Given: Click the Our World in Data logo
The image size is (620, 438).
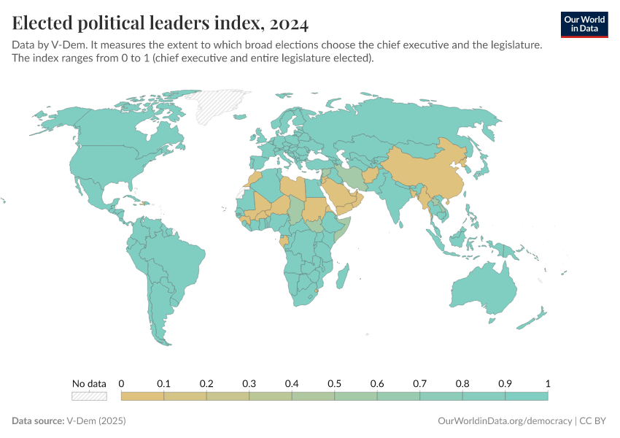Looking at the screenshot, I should tap(584, 23).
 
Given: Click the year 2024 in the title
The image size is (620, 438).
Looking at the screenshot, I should tap(288, 23).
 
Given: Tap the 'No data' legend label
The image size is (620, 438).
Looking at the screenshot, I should tap(89, 383).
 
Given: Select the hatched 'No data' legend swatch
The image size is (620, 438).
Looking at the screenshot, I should tap(89, 396).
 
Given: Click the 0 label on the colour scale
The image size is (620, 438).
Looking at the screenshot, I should tap(121, 383).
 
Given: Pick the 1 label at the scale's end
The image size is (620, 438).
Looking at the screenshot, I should tap(547, 383).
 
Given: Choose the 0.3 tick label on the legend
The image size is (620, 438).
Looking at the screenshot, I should tap(249, 383).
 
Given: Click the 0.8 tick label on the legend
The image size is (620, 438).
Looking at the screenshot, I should tap(462, 383).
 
